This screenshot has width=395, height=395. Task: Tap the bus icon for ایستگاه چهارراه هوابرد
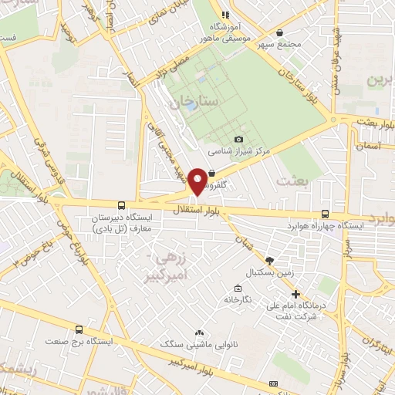coord(325,214)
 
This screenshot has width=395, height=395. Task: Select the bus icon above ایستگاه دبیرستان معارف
coord(120,205)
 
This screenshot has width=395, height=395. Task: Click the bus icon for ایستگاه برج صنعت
coord(79,329)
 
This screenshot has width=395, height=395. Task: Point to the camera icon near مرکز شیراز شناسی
coord(238,139)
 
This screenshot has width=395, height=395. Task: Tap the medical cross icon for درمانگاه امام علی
coord(296,293)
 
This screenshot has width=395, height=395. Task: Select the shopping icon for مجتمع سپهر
coord(279,32)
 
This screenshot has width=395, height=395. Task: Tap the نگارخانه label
coord(239,299)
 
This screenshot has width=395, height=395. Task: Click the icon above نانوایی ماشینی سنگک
coord(199,332)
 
